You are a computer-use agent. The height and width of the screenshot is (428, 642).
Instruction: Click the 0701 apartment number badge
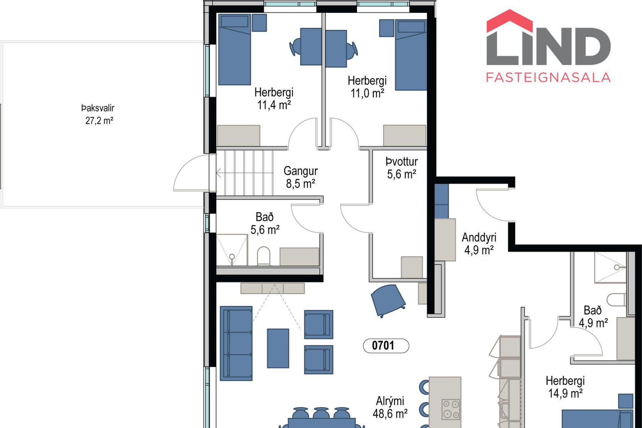(x=386, y=346)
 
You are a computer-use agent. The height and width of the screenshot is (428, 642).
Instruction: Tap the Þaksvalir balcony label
(x=98, y=108)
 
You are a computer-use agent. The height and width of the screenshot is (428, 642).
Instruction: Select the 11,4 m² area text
(x=274, y=105)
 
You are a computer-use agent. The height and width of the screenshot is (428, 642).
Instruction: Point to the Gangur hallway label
(x=301, y=171)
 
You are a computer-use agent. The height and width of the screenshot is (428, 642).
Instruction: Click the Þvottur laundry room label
(x=402, y=162)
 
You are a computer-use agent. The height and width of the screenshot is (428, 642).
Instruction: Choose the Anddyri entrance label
(x=479, y=237)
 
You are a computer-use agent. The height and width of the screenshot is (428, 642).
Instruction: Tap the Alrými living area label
(x=390, y=401)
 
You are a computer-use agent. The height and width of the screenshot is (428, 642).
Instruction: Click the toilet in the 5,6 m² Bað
(x=263, y=256)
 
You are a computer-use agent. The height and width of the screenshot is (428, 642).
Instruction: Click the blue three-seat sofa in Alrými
(x=236, y=343)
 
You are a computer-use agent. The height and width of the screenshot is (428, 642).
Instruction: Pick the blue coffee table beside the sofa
(x=278, y=348)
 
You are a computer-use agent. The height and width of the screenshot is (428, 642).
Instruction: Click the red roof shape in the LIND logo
(x=509, y=21)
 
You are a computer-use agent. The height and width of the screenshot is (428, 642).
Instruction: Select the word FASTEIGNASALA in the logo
(x=548, y=77)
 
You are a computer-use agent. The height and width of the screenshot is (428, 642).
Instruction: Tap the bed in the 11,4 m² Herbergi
(x=234, y=49)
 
